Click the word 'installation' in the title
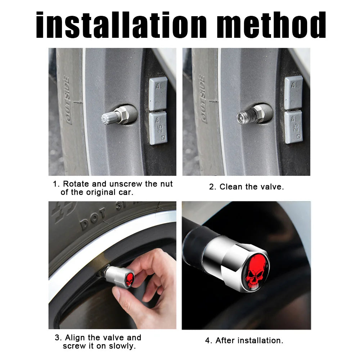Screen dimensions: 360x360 (x=121, y=25)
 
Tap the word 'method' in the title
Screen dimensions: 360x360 (x=271, y=25)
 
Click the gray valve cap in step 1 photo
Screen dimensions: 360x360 (x=108, y=118)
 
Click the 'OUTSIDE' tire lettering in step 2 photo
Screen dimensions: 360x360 (x=202, y=99)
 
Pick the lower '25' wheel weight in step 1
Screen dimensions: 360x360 (x=158, y=129)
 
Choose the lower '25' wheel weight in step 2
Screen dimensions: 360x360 (x=294, y=127)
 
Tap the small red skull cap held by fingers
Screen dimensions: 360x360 (x=130, y=280)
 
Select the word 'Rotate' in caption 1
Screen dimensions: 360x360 (x=76, y=184)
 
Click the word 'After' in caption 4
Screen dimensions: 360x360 (x=225, y=340)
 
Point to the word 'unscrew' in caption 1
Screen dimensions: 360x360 (x=126, y=184)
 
